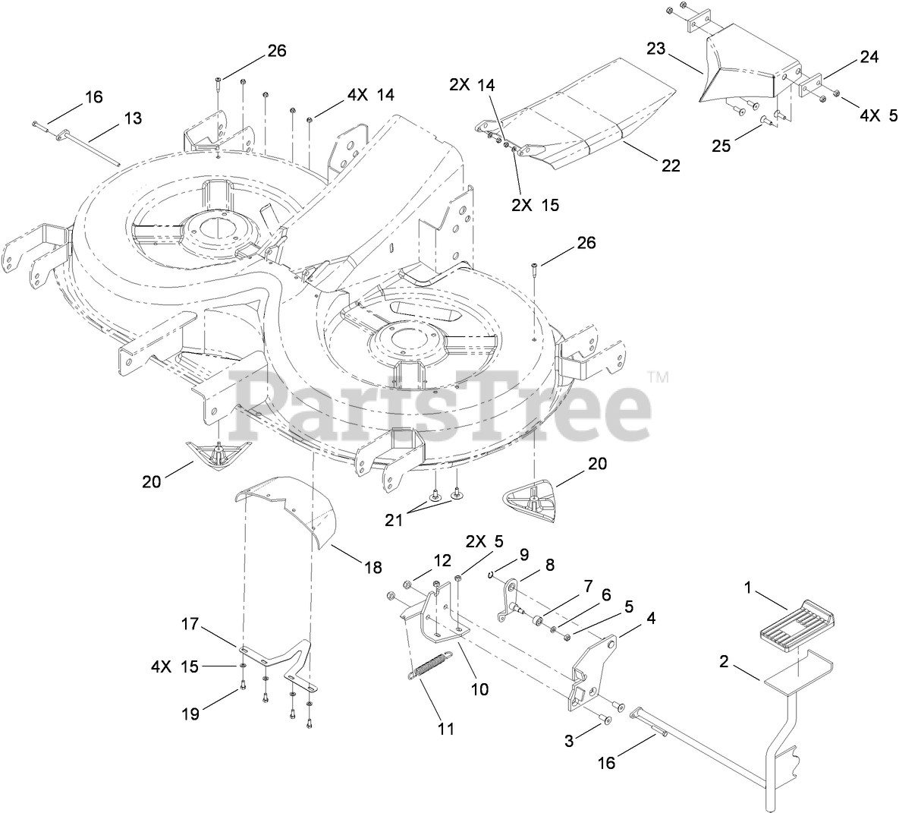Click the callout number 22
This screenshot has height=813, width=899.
(x=670, y=165)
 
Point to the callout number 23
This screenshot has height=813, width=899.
(x=655, y=49)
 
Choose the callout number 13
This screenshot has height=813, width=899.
(x=133, y=118)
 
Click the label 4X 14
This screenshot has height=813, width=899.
(x=370, y=95)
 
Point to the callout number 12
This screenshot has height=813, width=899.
(x=442, y=560)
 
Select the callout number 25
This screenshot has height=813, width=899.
(x=721, y=145)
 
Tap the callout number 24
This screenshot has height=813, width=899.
(x=869, y=57)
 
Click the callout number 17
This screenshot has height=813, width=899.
(x=190, y=625)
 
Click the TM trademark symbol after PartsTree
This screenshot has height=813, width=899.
(x=659, y=377)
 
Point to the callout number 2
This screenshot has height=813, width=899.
(x=724, y=662)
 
